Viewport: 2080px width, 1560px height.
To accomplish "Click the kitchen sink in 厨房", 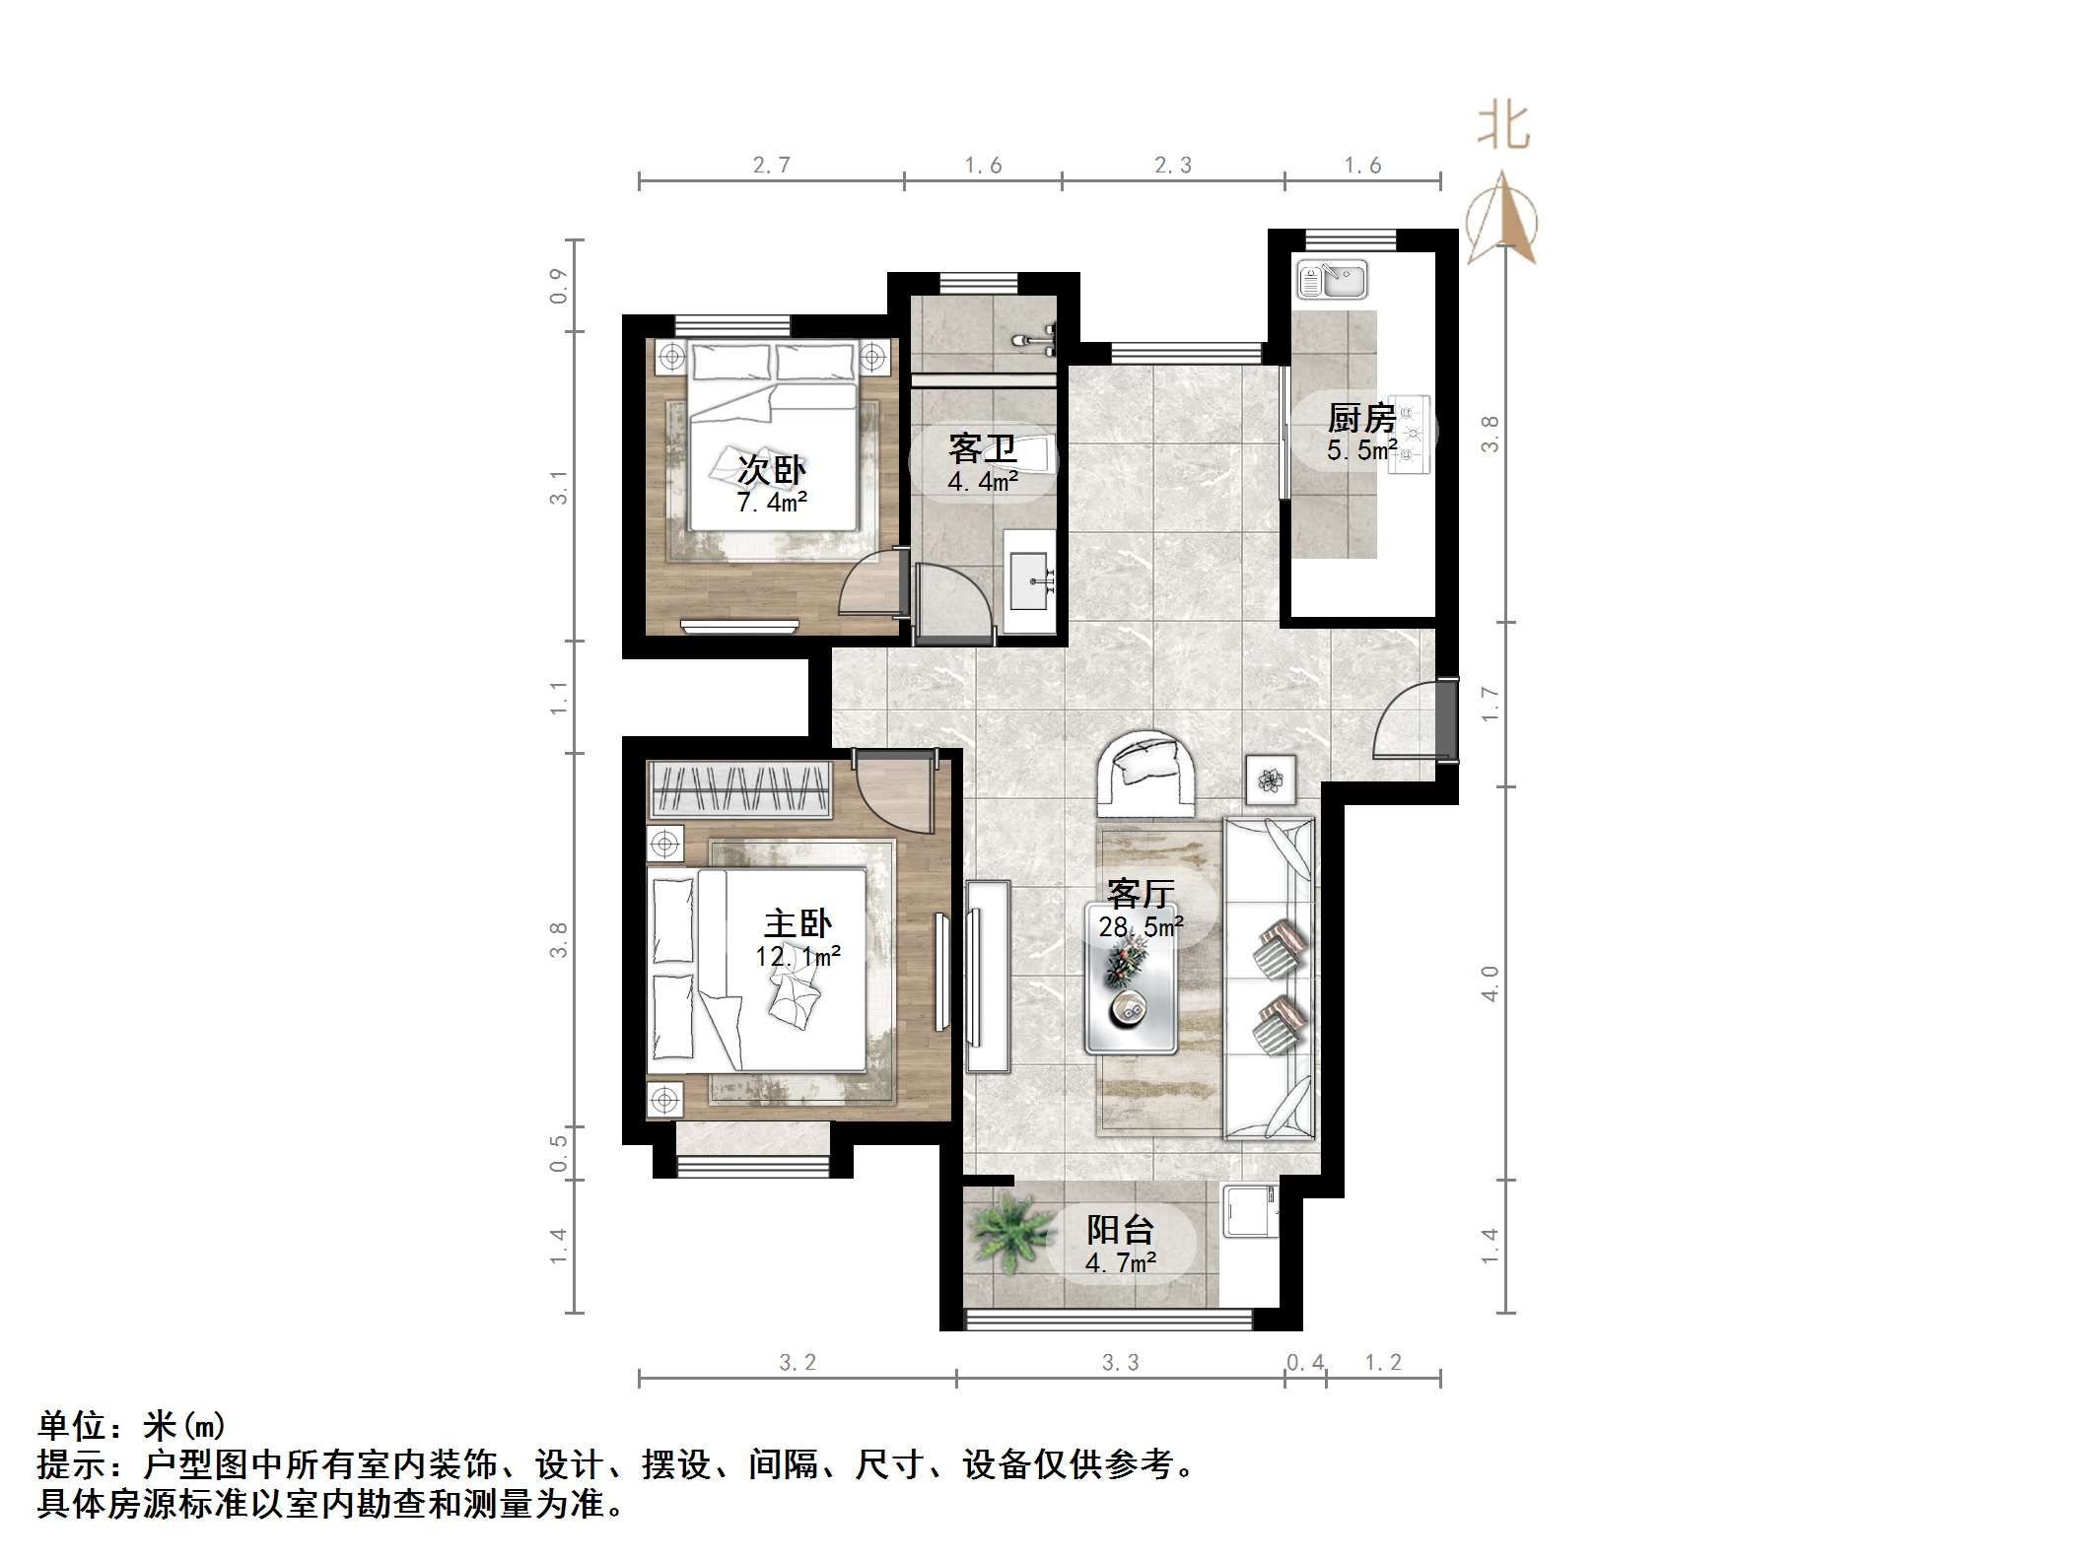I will point(1332,279).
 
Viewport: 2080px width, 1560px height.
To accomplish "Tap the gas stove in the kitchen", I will point(1410,435).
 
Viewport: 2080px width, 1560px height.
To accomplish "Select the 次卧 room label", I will point(772,469).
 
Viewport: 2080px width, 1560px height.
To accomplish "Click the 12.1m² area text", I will point(797,956).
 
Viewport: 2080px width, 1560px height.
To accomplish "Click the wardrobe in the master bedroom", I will point(739,789).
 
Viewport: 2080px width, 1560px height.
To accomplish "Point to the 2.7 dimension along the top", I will point(771,165).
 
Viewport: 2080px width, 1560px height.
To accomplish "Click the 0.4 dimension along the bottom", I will point(1305,1362).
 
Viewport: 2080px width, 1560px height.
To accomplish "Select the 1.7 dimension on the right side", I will point(1490,704).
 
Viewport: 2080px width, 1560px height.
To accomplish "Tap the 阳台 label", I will point(1120,1229).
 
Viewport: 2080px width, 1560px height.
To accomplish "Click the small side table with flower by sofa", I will point(1270,780).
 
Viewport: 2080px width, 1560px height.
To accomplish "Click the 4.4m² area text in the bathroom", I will point(983,482).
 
